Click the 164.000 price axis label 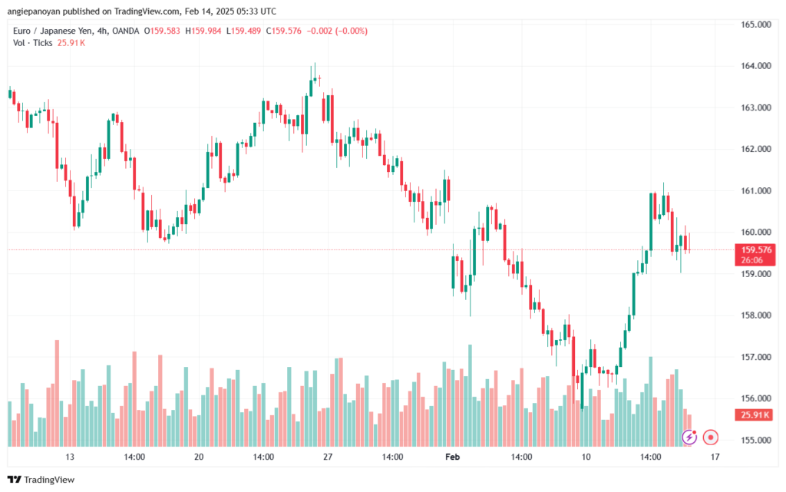755,66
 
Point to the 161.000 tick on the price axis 755,190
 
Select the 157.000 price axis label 755,357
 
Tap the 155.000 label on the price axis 755,441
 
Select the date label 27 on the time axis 328,457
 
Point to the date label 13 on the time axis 70,457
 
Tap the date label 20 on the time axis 199,457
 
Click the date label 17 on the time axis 715,457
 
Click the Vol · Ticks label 33,42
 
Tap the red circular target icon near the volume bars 711,438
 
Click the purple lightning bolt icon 689,438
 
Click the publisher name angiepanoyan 44,12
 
